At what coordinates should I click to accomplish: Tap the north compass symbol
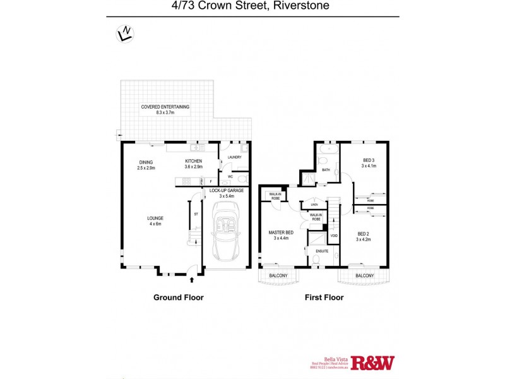(125, 33)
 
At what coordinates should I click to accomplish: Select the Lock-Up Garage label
(225, 193)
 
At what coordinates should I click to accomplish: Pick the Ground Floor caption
(179, 297)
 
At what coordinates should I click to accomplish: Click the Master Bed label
(280, 234)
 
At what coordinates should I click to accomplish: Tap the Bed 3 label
(369, 163)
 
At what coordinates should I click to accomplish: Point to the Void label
(334, 236)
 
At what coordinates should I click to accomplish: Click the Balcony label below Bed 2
(364, 275)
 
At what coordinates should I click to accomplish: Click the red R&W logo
(372, 363)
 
